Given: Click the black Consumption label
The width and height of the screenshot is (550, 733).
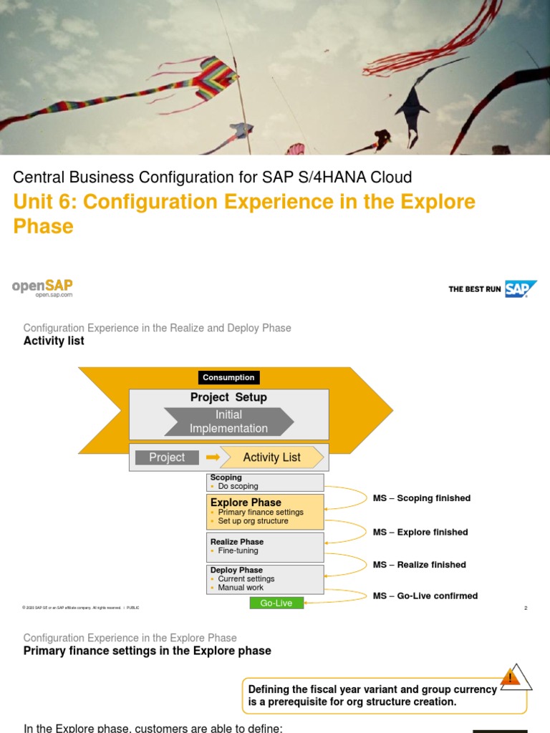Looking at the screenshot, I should (x=228, y=377).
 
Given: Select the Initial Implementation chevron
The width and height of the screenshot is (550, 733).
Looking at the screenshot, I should (x=228, y=422).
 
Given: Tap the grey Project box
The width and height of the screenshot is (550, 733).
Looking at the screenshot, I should (x=167, y=457).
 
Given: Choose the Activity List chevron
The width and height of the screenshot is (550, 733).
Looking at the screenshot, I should (x=271, y=457).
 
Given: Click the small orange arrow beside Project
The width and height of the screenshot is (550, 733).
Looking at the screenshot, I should (x=212, y=457).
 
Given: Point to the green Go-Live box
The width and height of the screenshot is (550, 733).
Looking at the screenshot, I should (x=276, y=603).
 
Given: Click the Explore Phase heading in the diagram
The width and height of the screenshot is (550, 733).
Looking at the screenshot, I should (x=246, y=503).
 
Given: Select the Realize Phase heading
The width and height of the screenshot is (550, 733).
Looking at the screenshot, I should (x=237, y=542).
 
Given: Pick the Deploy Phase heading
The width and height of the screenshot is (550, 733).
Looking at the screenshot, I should (x=236, y=570).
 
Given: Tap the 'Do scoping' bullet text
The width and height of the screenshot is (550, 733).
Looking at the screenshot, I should (x=238, y=486).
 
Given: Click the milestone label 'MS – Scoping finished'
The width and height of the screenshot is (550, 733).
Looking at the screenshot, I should (x=422, y=498).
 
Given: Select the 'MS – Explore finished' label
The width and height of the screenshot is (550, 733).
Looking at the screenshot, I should (x=420, y=532).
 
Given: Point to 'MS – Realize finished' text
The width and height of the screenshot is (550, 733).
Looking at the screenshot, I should (x=420, y=565).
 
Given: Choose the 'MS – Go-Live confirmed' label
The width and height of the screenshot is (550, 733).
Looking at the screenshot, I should (x=425, y=596).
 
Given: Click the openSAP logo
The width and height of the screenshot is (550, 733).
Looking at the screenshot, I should (x=42, y=287).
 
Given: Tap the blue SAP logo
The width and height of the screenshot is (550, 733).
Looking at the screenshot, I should (x=521, y=288).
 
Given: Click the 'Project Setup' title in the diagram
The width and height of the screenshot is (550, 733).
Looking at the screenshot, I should (x=228, y=397).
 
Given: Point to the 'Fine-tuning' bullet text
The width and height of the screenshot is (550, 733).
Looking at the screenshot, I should (x=238, y=550).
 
